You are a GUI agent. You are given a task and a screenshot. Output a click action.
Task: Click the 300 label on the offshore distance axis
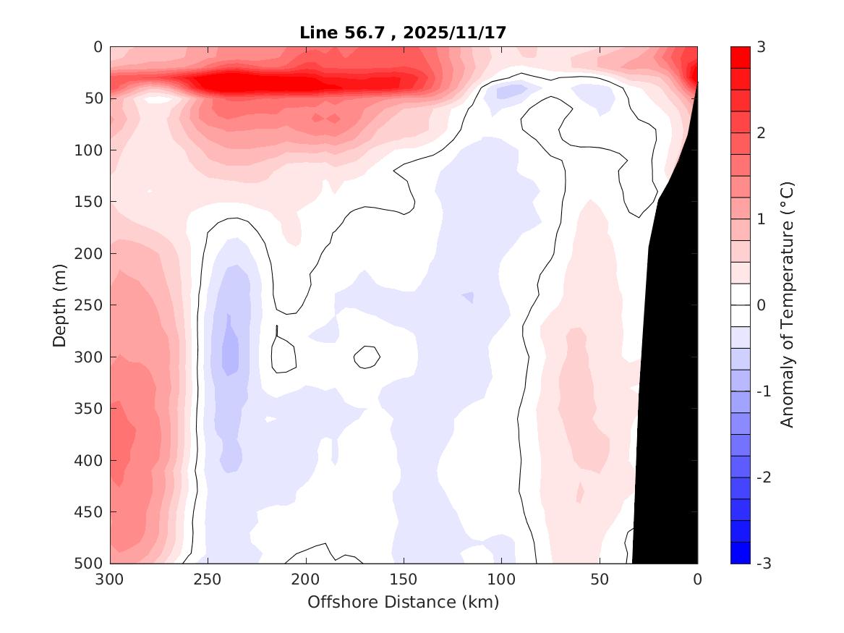(110, 579)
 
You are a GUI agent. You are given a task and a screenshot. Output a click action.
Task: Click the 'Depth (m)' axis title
(60, 305)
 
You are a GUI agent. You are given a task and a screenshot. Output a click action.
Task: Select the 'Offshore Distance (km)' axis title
(404, 602)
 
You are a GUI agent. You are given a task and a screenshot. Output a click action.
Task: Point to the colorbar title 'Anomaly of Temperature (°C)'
(788, 305)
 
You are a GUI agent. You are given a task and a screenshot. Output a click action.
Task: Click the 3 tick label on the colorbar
(761, 47)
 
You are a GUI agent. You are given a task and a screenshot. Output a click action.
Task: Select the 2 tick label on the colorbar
(761, 133)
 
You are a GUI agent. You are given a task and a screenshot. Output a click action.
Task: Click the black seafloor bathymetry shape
(669, 398)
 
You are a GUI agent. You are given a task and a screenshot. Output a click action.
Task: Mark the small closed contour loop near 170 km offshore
(367, 357)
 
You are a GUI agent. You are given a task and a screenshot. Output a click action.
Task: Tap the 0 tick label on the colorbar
(761, 305)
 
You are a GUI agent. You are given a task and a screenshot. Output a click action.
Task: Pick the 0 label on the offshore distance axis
(697, 579)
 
